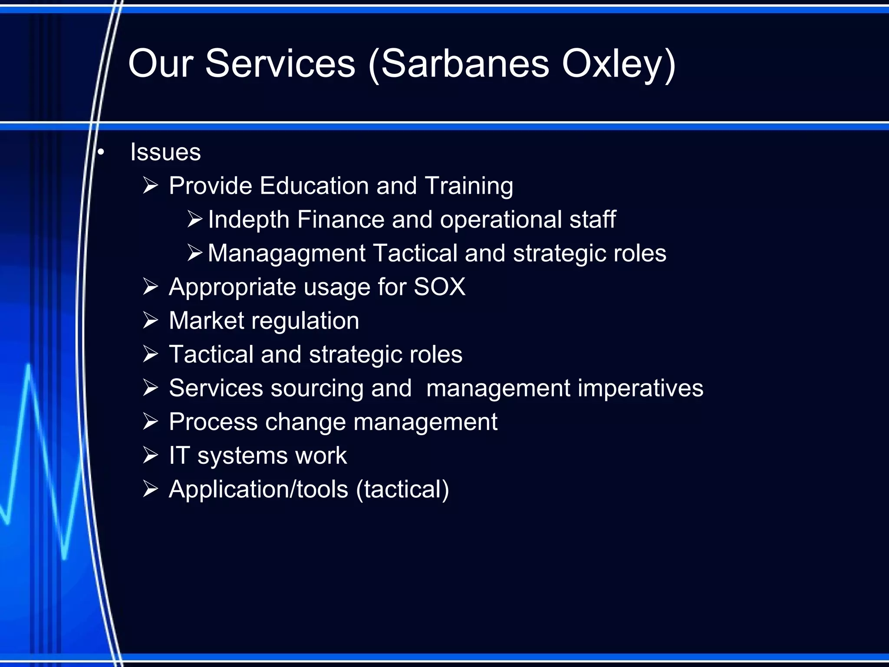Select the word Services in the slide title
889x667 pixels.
[280, 64]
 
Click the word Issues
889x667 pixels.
[165, 152]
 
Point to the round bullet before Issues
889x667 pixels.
[101, 152]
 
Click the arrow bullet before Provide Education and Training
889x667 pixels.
[150, 186]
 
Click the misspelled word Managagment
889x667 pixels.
[286, 253]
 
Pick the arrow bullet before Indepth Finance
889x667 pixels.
[195, 219]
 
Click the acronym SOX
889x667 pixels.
[439, 287]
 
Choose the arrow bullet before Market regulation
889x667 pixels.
[150, 321]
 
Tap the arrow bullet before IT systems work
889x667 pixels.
[150, 456]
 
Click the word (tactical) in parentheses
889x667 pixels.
[402, 489]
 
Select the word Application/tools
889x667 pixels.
[258, 489]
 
